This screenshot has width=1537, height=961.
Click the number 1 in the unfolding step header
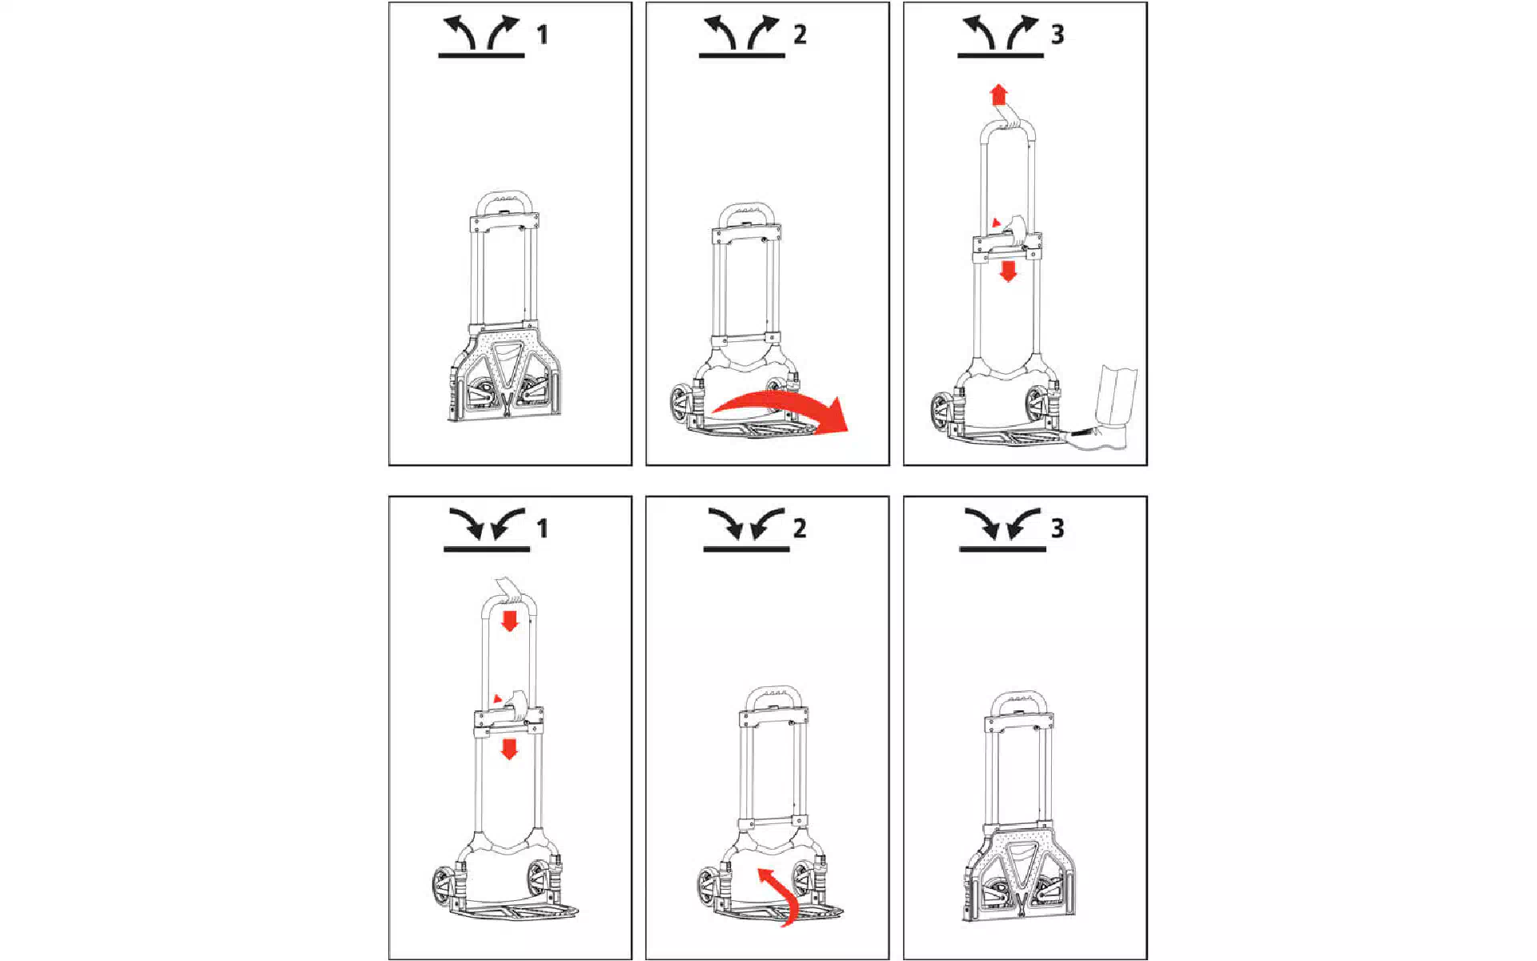point(542,34)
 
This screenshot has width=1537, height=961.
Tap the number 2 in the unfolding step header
point(800,34)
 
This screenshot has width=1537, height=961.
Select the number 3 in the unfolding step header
point(1057,34)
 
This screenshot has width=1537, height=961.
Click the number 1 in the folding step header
point(542,529)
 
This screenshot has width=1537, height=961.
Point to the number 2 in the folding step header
point(800,529)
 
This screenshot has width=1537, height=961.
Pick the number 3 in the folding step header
point(1057,529)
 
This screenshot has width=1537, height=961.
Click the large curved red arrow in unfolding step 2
point(781,400)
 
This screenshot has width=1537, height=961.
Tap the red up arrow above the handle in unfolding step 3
point(997,95)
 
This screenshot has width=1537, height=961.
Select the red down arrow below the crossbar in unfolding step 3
point(1008,271)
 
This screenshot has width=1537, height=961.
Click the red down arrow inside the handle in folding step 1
point(509,620)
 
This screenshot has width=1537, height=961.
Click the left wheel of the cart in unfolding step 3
point(941,412)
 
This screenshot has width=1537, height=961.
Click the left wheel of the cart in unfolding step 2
point(681,405)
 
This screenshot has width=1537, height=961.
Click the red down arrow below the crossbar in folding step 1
point(508,749)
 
